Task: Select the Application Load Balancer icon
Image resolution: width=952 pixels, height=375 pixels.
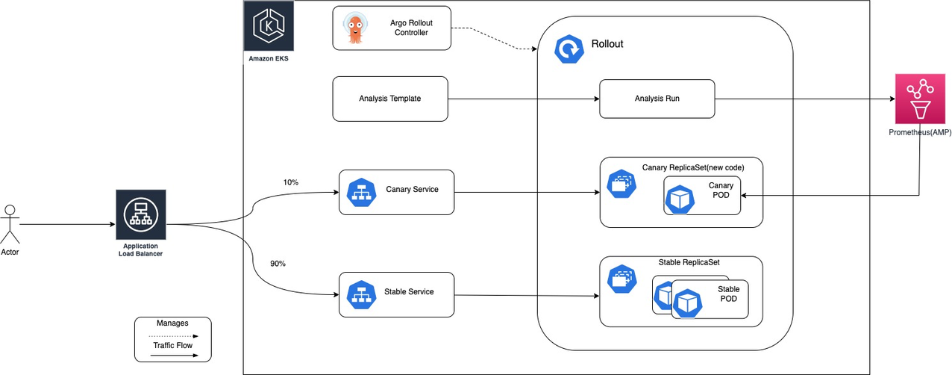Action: tap(140, 214)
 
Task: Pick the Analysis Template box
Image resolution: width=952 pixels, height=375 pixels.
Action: tap(389, 99)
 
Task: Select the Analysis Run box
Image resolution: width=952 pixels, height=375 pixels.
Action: tap(657, 99)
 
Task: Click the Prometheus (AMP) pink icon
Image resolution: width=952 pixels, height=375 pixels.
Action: tap(919, 99)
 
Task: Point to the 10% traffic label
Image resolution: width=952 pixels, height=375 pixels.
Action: tap(290, 182)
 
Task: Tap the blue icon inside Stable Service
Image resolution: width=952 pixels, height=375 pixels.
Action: tap(362, 293)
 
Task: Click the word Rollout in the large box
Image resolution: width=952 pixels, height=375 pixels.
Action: tap(607, 44)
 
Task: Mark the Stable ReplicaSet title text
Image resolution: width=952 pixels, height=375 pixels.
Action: tap(688, 262)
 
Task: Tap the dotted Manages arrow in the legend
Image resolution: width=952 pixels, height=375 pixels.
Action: tap(172, 336)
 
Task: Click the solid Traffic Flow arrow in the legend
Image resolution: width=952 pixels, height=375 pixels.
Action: tap(172, 356)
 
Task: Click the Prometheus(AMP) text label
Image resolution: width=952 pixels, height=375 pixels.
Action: tap(919, 132)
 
